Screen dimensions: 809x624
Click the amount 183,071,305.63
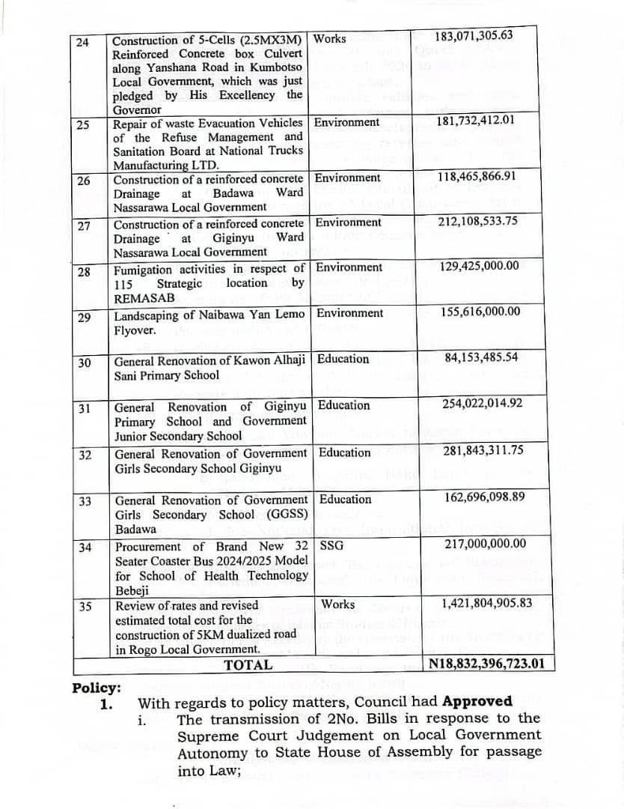point(474,36)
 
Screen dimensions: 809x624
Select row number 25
point(83,124)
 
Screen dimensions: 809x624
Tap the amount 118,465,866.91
point(477,177)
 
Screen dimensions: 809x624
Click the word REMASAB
point(144,298)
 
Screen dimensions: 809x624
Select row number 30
point(84,363)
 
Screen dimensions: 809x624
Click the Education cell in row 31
point(343,405)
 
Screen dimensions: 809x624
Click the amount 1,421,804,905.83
point(487,604)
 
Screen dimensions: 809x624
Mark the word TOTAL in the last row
point(248,664)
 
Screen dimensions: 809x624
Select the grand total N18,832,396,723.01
point(492,664)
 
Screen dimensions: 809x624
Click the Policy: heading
point(97,688)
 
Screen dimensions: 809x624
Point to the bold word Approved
point(477,702)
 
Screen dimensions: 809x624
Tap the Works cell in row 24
point(329,38)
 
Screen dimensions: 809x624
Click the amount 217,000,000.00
point(485,545)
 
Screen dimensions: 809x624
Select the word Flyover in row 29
point(134,330)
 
